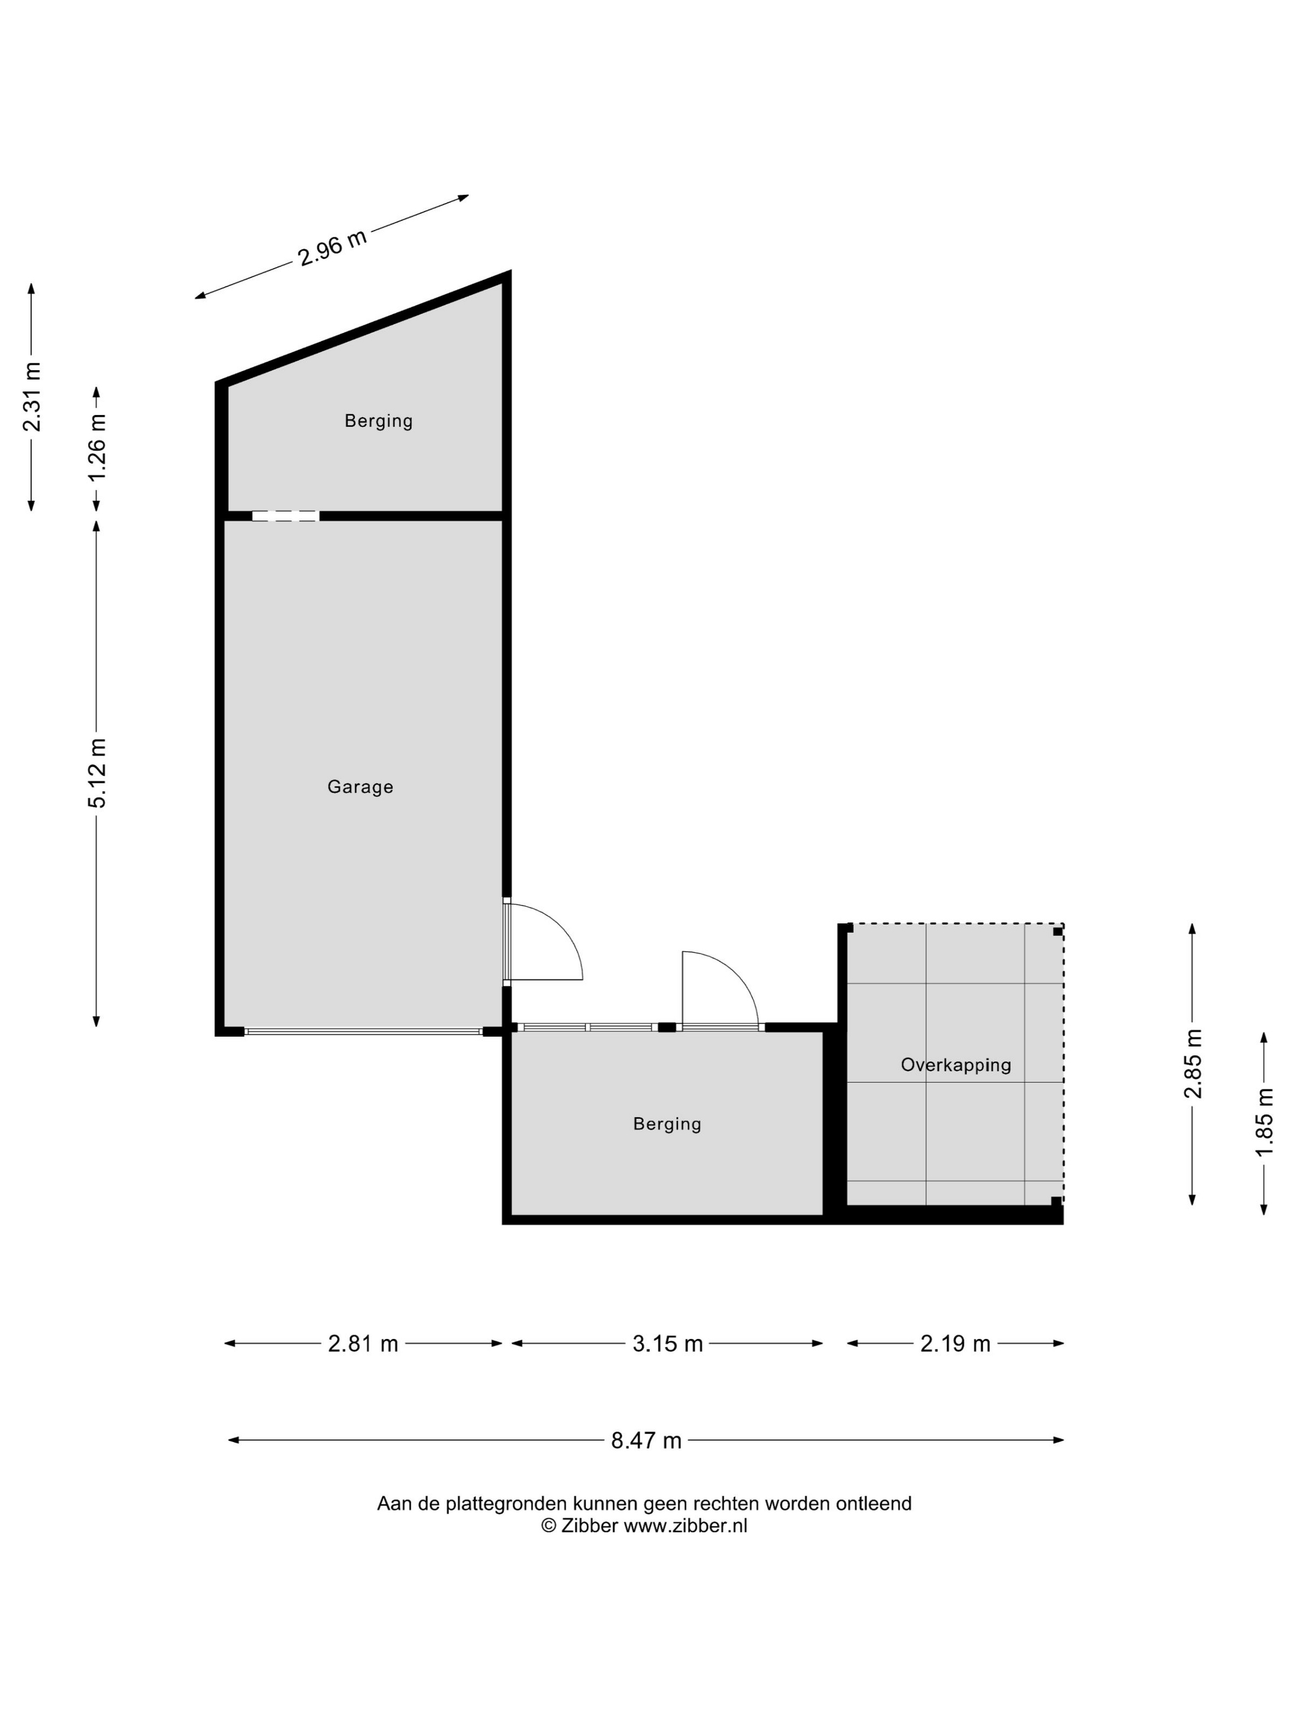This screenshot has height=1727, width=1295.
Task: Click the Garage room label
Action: (x=360, y=787)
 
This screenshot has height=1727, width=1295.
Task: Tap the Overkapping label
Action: (x=955, y=1065)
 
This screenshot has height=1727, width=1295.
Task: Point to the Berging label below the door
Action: (x=667, y=1124)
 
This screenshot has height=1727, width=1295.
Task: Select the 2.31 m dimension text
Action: (x=32, y=397)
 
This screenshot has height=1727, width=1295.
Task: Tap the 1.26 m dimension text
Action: (x=97, y=449)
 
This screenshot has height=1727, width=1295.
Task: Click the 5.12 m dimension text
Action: (x=97, y=773)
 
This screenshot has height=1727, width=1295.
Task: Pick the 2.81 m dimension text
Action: (x=363, y=1343)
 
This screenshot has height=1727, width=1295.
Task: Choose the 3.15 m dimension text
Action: (x=667, y=1343)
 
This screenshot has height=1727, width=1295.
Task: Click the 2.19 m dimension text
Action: (x=955, y=1343)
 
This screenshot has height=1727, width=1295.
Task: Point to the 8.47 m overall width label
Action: (x=646, y=1440)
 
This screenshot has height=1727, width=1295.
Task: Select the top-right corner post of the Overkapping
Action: (x=1058, y=931)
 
